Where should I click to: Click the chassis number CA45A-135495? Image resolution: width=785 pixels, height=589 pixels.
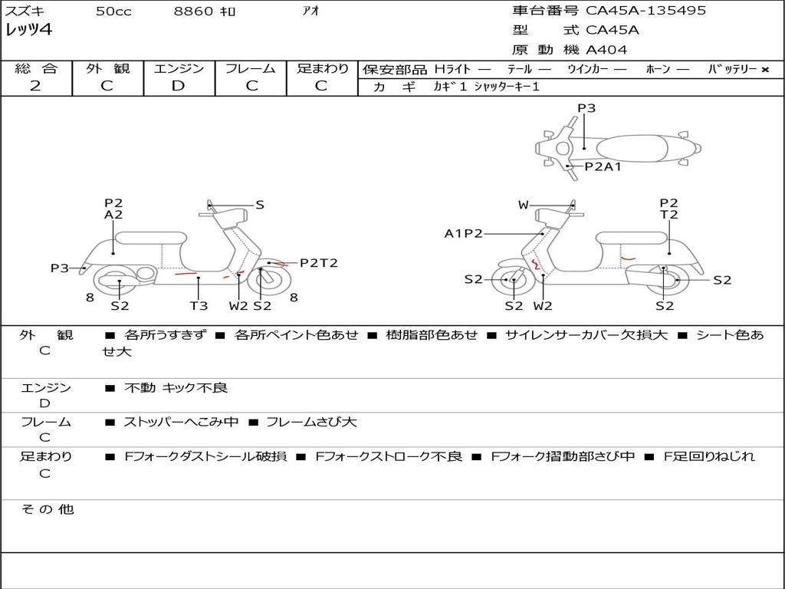click(645, 11)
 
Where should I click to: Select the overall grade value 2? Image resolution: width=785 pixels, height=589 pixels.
click(35, 86)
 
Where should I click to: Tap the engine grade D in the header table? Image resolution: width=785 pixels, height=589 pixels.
click(178, 86)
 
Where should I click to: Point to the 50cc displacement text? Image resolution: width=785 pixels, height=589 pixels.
click(113, 12)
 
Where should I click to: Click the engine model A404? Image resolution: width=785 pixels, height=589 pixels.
click(606, 50)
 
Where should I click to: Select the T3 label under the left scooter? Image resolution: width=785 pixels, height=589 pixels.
click(199, 306)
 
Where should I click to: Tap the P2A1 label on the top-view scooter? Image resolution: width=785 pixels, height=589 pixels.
click(603, 166)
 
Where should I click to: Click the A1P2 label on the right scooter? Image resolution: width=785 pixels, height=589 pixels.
click(463, 233)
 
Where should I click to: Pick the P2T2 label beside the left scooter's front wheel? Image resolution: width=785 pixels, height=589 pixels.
click(318, 263)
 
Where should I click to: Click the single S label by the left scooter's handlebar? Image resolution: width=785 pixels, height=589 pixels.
click(260, 205)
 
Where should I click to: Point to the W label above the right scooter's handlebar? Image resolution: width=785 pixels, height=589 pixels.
click(524, 205)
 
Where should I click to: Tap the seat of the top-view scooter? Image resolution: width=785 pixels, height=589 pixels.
click(629, 148)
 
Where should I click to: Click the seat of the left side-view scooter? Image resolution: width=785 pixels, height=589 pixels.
click(150, 238)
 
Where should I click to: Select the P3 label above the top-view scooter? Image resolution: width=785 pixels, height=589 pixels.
click(586, 108)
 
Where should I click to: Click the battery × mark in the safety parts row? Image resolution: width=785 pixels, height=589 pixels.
click(764, 69)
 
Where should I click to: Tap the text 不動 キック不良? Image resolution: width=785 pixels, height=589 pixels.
click(176, 388)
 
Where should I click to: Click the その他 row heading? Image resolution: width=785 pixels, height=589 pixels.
click(47, 509)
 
